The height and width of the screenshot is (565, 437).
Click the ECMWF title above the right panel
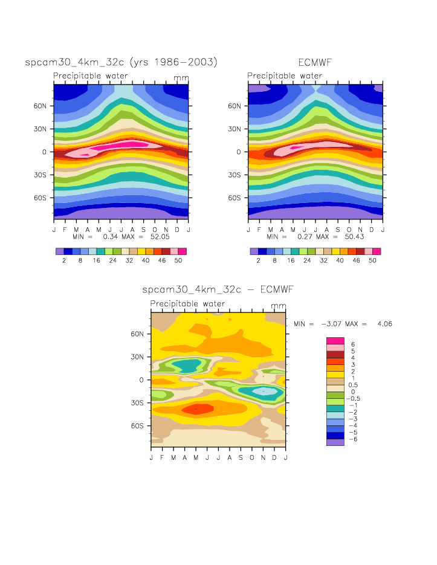pyautogui.click(x=316, y=62)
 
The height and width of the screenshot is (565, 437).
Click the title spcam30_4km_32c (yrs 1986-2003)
pyautogui.click(x=121, y=62)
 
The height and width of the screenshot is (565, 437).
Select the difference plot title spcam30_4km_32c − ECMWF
pyautogui.click(x=218, y=290)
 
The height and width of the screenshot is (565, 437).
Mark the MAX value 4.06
pyautogui.click(x=383, y=324)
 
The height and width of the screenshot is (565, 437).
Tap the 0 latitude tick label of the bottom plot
pyautogui.click(x=141, y=379)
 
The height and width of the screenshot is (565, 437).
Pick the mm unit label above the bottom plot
pyautogui.click(x=279, y=305)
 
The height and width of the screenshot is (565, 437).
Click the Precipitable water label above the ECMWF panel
pyautogui.click(x=285, y=76)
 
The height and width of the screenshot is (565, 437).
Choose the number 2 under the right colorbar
pyautogui.click(x=258, y=260)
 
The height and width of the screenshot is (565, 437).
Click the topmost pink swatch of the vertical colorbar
pyautogui.click(x=335, y=341)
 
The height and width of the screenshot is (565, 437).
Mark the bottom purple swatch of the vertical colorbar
pyautogui.click(x=335, y=442)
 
